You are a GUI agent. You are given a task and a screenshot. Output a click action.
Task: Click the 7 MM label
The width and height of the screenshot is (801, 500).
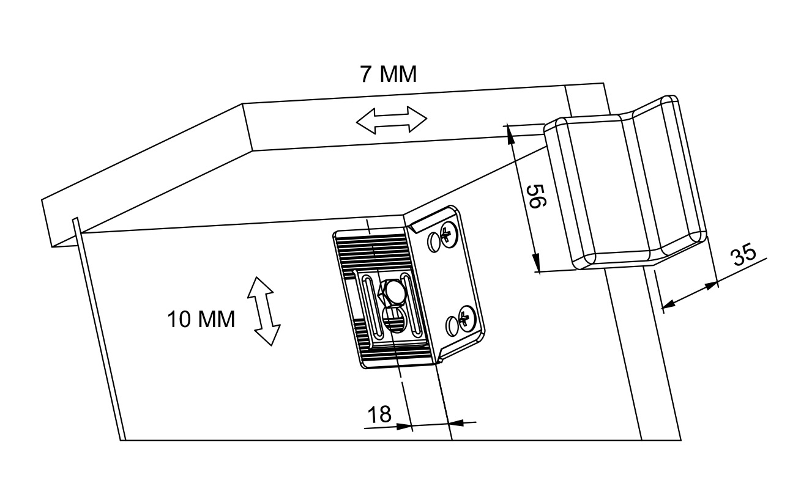(388, 75)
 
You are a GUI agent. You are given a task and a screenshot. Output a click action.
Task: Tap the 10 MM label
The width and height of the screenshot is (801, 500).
(201, 319)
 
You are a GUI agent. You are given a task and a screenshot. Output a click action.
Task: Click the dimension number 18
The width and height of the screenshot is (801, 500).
(379, 414)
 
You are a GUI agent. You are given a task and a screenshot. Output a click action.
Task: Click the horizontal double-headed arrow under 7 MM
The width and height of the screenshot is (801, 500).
(392, 120)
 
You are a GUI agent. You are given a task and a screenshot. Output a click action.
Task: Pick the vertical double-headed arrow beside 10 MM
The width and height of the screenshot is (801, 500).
(263, 311)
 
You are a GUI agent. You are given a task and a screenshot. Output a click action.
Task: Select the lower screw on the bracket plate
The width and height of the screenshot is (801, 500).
(466, 318)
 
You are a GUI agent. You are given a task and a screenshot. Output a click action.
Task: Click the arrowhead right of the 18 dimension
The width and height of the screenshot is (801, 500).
(456, 422)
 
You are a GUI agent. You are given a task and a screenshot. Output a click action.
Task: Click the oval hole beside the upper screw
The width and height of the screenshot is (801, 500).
(434, 243)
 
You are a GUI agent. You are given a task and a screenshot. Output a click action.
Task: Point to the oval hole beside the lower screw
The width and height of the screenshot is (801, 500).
(452, 325)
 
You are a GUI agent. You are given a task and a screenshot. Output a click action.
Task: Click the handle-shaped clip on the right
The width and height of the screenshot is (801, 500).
(624, 183)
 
